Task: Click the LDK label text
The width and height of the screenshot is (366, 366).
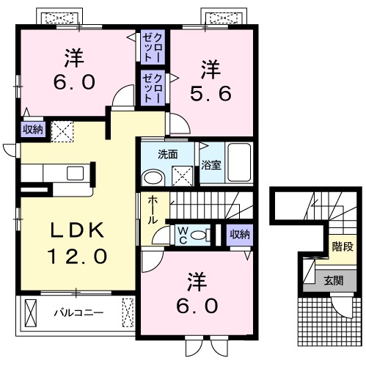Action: (77, 230)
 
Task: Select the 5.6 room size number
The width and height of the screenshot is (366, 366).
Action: (211, 94)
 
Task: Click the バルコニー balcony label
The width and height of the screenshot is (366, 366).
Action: (78, 312)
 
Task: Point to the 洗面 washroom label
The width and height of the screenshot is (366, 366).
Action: (167, 155)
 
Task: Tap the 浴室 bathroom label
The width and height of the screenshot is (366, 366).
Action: (211, 165)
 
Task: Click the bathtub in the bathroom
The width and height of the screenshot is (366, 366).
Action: (239, 162)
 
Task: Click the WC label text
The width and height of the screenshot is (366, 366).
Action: (183, 235)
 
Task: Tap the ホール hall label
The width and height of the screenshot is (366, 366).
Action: (152, 210)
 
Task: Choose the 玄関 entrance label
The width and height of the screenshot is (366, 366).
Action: (334, 281)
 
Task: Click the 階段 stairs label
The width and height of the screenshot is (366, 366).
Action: (343, 247)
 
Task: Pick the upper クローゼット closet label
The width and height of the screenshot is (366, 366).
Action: (152, 47)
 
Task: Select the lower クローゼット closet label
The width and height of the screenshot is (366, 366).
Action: (152, 88)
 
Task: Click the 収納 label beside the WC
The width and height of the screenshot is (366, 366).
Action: (240, 235)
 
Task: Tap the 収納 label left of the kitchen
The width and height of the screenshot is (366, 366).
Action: (33, 130)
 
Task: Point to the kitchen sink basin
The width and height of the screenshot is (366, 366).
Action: (76, 173)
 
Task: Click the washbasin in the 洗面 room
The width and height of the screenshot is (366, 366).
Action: (153, 177)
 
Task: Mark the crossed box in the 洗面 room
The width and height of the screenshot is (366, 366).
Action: (183, 175)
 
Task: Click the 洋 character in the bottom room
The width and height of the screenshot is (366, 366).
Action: (197, 282)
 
